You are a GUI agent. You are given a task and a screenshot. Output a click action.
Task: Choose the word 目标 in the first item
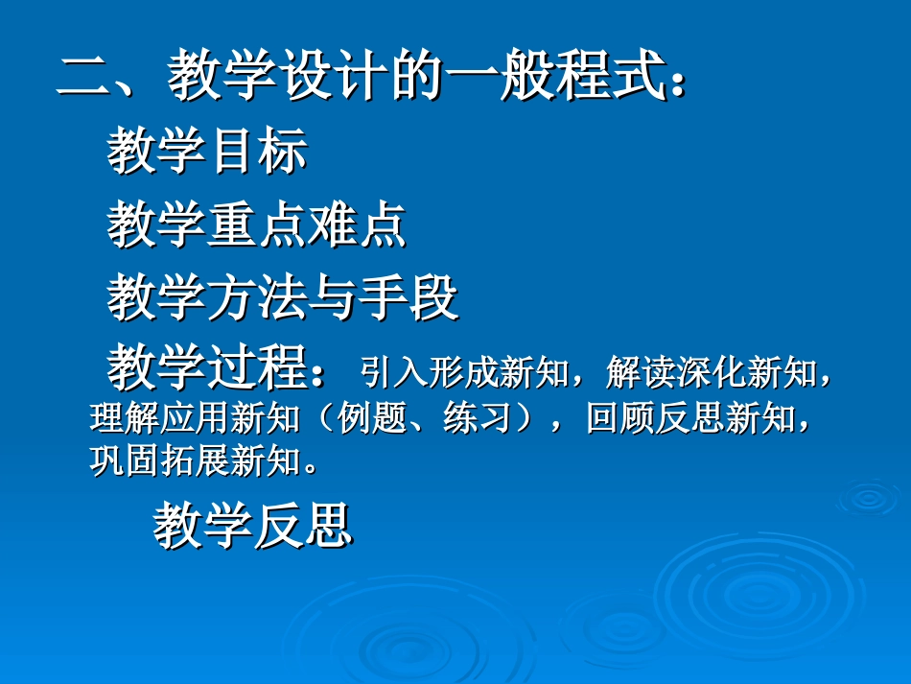(x=257, y=153)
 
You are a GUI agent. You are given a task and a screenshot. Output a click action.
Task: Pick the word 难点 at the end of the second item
(x=357, y=226)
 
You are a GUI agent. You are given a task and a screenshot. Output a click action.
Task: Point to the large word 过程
(x=257, y=370)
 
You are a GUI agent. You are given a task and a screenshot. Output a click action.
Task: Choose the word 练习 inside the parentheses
(x=476, y=419)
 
